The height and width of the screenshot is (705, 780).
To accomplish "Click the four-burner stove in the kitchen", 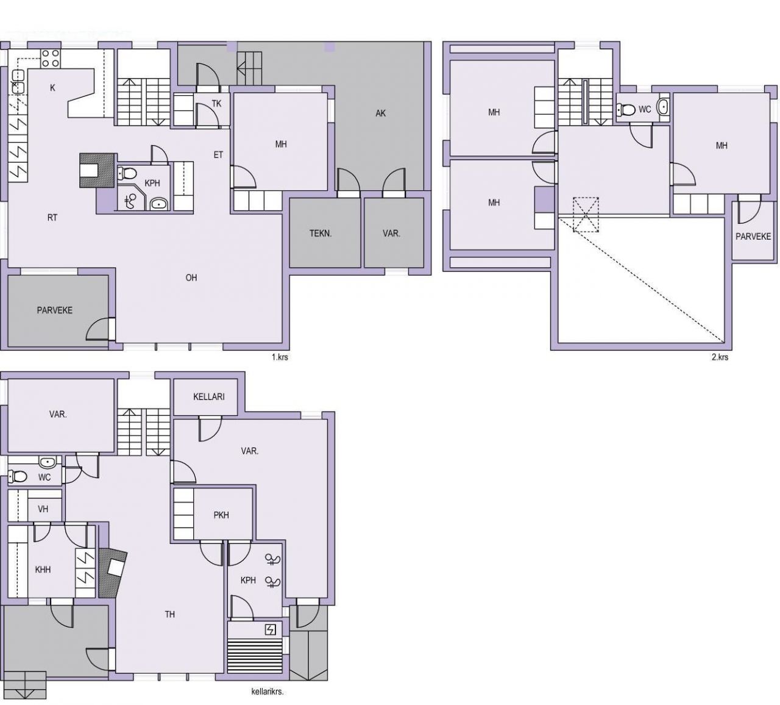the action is [51, 59].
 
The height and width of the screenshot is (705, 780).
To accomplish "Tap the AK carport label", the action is [380, 113].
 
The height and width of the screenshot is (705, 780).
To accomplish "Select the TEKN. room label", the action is [321, 234].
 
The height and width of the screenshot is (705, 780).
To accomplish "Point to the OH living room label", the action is [191, 277].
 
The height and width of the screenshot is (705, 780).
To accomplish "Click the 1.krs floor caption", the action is [280, 357].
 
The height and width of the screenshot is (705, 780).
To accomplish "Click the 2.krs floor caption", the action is [720, 357].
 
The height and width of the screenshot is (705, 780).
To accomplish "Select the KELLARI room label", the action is [209, 396].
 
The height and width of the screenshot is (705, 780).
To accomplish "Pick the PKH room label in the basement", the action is [221, 515].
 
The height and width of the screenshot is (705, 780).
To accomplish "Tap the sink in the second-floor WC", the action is [664, 107].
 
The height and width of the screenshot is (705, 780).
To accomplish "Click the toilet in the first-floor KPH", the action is [126, 173].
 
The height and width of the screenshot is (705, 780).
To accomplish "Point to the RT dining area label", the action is [52, 218].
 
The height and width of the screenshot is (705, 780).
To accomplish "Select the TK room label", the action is [216, 104].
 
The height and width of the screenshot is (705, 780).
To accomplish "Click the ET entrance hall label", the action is [218, 155].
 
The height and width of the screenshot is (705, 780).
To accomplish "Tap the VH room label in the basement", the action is [43, 509].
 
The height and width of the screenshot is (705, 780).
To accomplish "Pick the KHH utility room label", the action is [43, 570].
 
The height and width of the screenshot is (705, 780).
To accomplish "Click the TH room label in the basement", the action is [169, 614].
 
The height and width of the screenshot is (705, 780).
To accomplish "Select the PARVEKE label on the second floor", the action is [753, 236].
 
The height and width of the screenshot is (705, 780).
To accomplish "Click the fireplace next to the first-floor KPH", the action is [97, 170].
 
